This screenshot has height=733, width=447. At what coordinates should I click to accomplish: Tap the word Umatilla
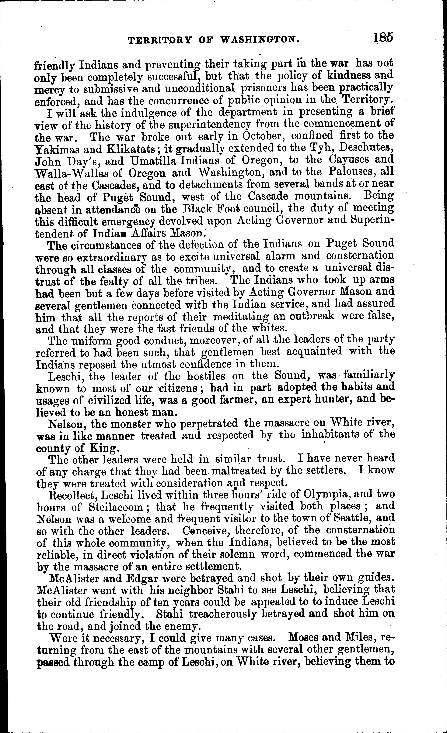point(154,161)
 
